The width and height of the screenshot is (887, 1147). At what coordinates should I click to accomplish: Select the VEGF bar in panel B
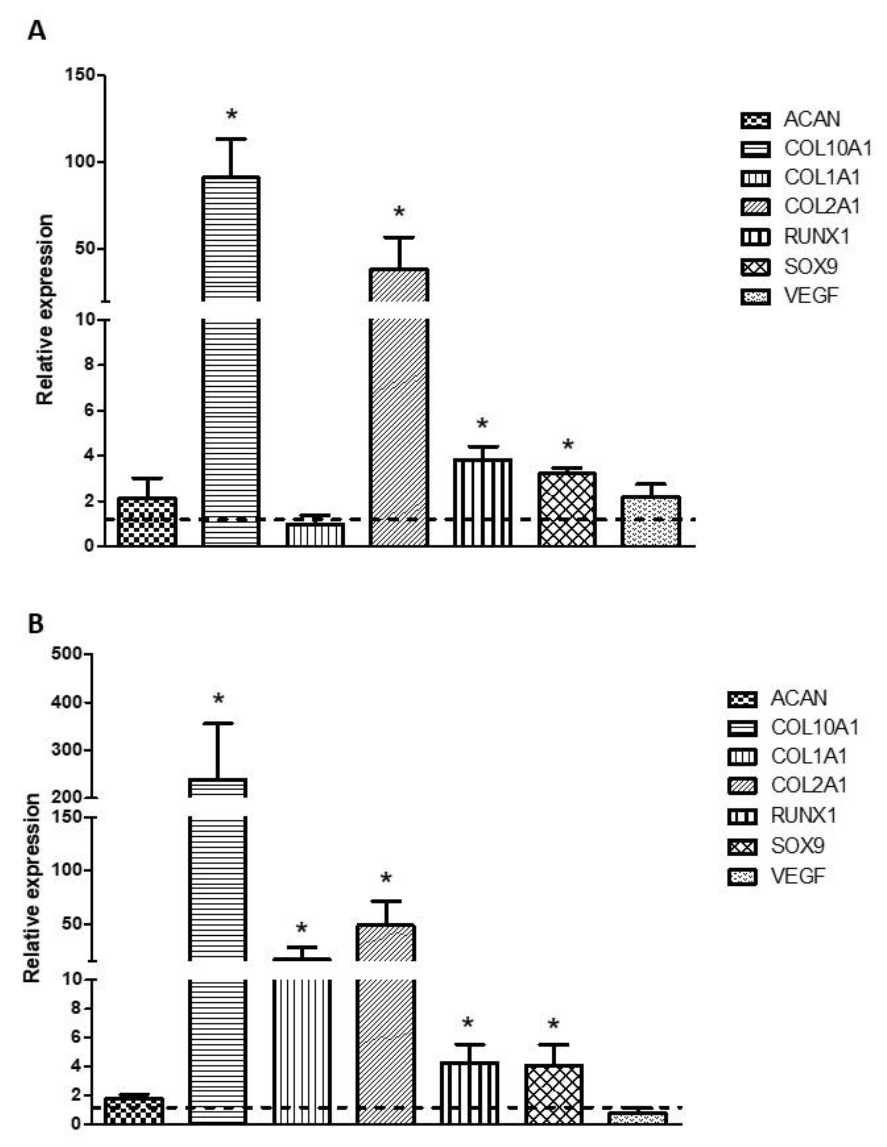[637, 1117]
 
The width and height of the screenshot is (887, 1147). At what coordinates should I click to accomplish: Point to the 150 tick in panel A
[80, 75]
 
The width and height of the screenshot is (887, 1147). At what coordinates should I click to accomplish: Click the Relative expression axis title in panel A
[45, 310]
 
